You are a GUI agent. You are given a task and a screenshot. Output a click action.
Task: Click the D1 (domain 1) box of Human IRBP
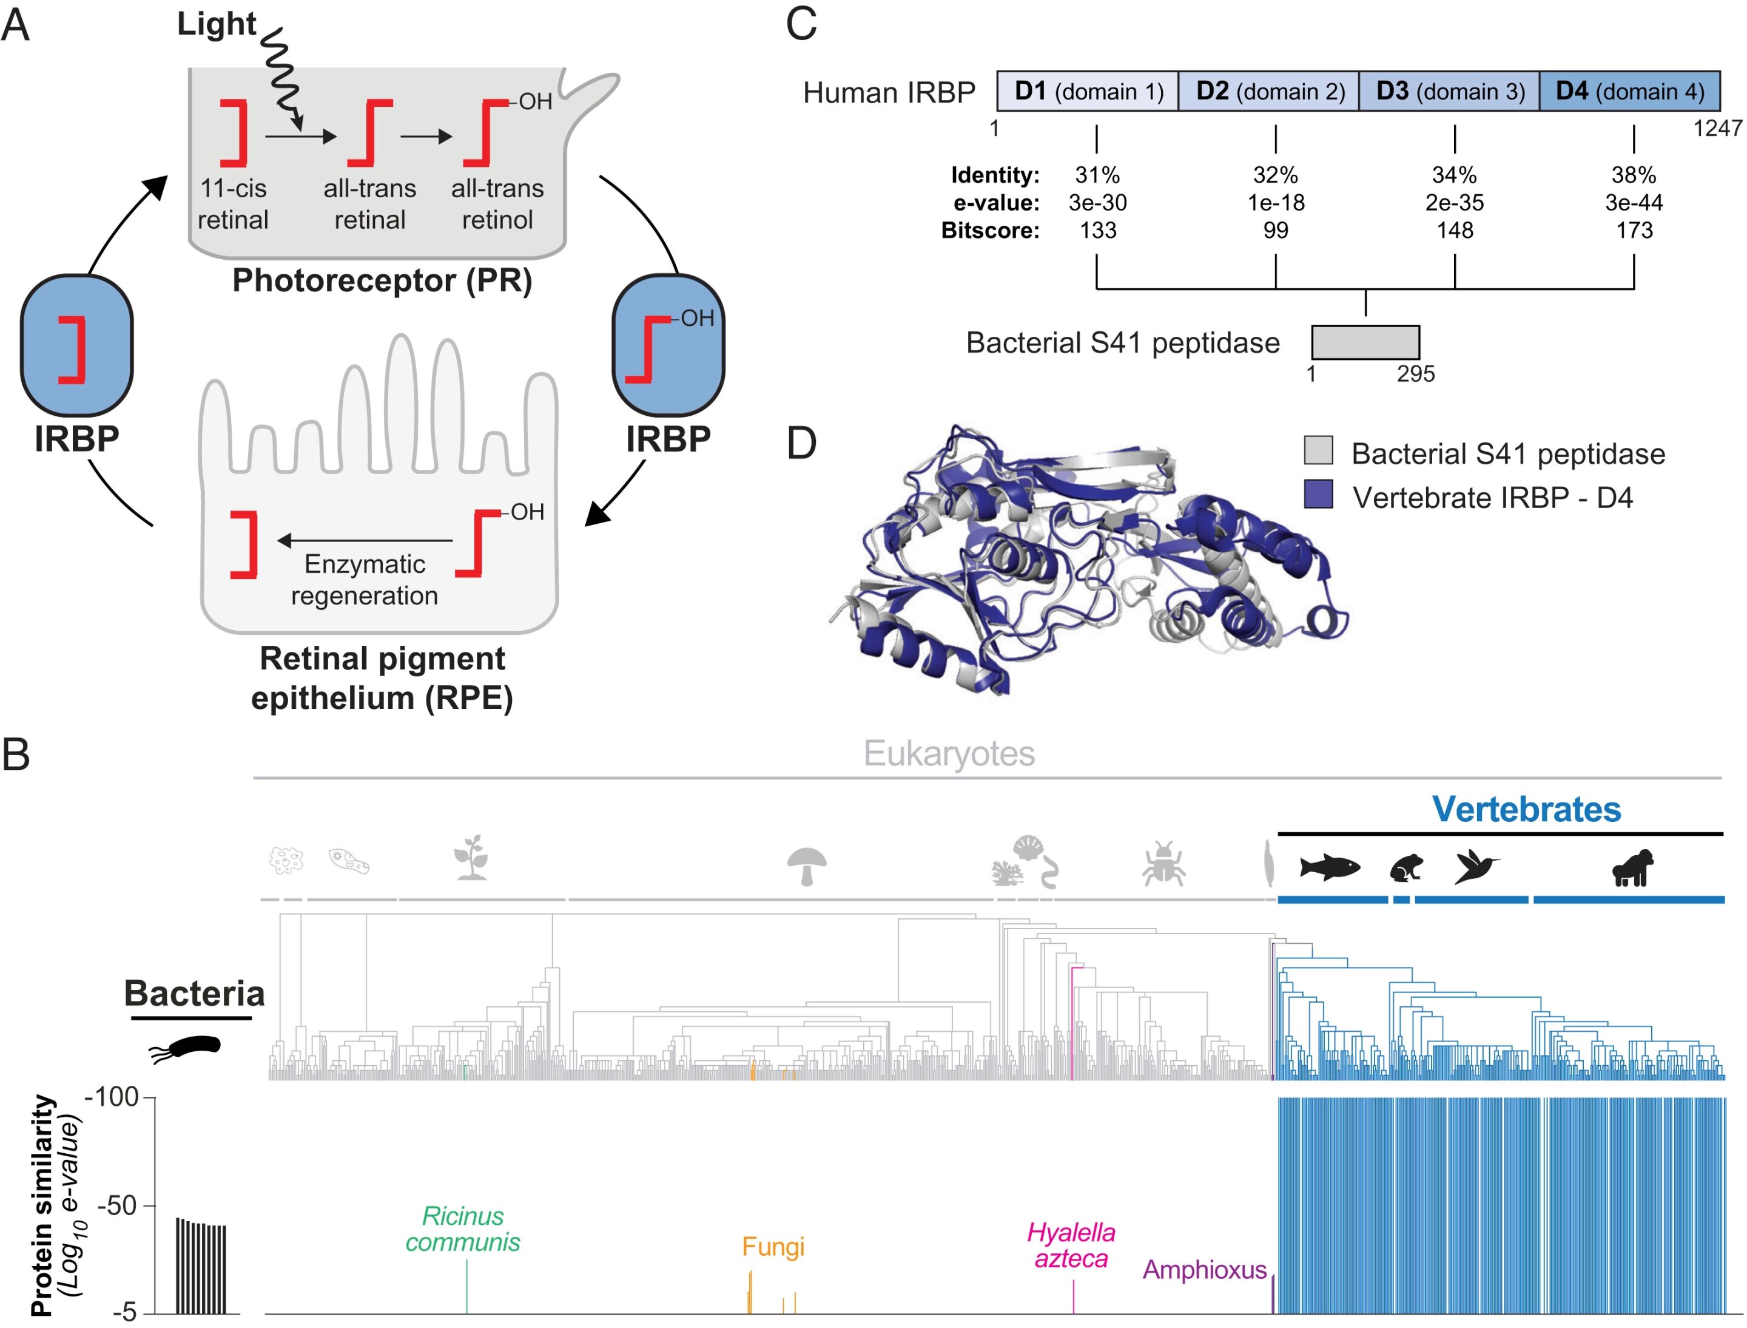1087,91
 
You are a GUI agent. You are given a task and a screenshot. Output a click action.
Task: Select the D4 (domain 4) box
1629,91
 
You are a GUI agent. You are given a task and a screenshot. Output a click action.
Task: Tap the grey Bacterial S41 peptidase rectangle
1365,342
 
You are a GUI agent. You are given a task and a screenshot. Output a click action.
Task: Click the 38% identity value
1633,175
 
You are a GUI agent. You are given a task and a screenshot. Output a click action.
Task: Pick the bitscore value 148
1454,230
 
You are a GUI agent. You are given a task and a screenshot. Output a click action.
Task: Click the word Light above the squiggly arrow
216,24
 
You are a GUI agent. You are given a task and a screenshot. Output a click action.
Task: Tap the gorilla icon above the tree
1632,867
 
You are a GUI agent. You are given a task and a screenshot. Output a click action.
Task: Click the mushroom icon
806,866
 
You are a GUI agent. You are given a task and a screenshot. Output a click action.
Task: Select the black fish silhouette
1330,867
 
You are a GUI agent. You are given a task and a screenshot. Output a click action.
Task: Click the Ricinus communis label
462,1228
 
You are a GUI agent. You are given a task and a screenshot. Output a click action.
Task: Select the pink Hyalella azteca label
1071,1245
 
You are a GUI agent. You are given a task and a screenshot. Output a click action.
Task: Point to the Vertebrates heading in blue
1526,808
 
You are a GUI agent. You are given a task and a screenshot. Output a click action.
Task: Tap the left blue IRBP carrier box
76,345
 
